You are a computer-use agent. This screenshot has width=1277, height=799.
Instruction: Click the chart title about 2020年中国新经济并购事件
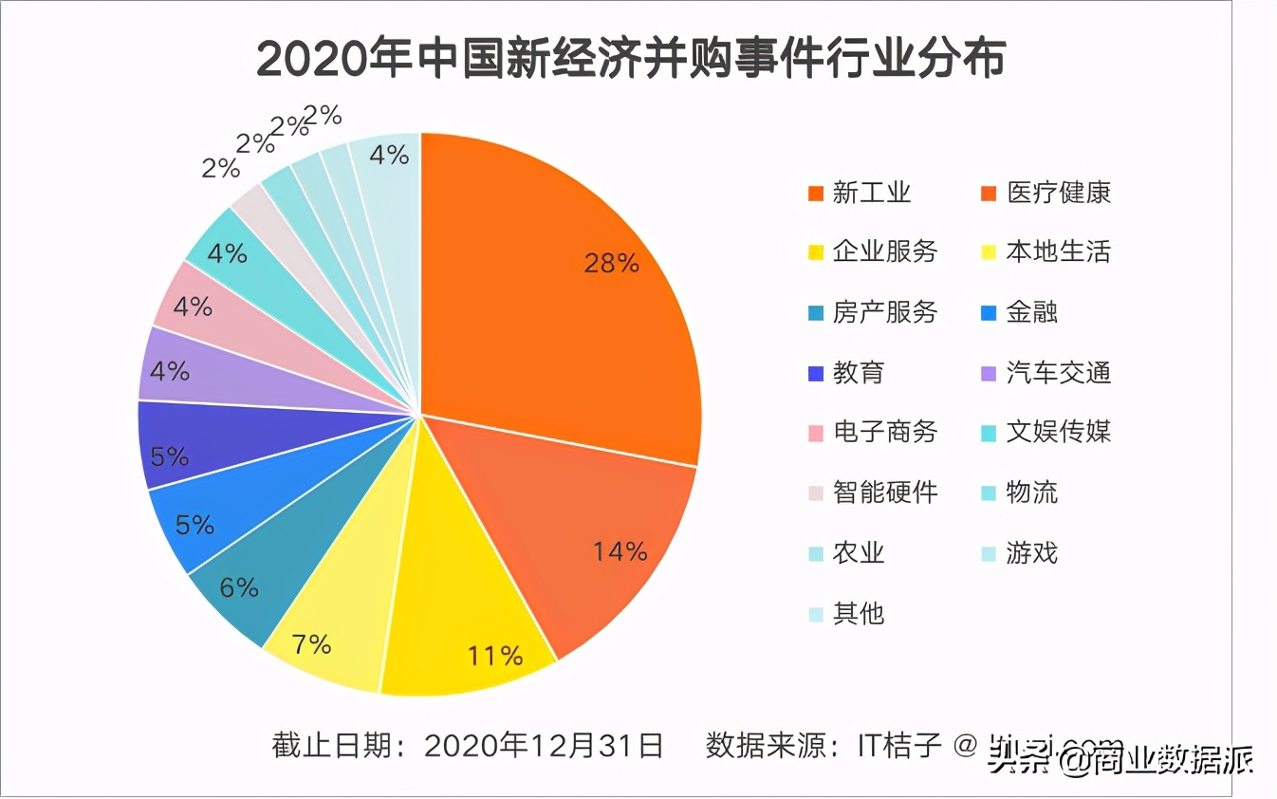pyautogui.click(x=631, y=60)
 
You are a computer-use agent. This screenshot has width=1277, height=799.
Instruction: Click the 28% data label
pyautogui.click(x=611, y=263)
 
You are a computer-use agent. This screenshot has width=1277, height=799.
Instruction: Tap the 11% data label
pyautogui.click(x=495, y=655)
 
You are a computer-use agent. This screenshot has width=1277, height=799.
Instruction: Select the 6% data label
pyautogui.click(x=238, y=587)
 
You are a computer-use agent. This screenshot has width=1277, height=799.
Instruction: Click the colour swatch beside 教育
pyautogui.click(x=815, y=374)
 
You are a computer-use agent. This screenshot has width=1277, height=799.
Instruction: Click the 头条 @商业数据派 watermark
pyautogui.click(x=1120, y=760)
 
